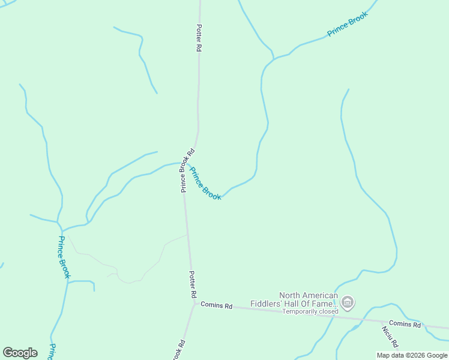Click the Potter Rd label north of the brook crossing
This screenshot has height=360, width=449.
(198, 38)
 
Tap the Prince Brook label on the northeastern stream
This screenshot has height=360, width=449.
(347, 25)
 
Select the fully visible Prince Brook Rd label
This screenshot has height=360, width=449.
(187, 170)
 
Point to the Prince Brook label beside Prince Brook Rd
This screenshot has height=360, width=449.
(205, 183)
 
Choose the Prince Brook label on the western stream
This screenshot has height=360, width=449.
(64, 257)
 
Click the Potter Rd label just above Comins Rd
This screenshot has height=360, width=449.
(193, 285)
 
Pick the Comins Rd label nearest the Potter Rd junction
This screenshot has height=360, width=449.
(216, 305)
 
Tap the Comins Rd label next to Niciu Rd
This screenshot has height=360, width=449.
(405, 324)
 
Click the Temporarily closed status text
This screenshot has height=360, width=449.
(310, 311)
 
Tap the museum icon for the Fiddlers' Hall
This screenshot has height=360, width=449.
(348, 303)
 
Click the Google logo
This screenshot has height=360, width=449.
(20, 353)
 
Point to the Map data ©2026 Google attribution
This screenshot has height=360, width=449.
(412, 355)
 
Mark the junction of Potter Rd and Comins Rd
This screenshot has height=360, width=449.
(194, 304)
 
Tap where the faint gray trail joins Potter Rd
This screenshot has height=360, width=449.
(187, 235)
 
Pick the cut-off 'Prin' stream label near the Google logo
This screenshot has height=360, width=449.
(52, 352)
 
